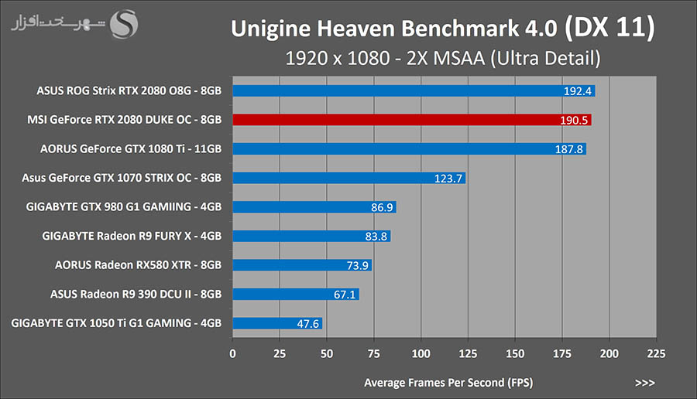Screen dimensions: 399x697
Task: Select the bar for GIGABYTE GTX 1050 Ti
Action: tap(277, 323)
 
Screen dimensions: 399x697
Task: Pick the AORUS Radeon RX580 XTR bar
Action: tap(302, 265)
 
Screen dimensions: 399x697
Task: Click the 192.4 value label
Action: tap(578, 91)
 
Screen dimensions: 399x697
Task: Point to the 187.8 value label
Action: tap(569, 149)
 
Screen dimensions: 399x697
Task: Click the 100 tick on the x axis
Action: tap(421, 353)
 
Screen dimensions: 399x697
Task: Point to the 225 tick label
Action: tap(655, 353)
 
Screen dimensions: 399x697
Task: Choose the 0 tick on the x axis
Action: tap(233, 353)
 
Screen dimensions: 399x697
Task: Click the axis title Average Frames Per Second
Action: tap(448, 383)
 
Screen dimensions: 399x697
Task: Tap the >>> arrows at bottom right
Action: tap(644, 383)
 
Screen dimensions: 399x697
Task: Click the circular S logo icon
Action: tap(125, 24)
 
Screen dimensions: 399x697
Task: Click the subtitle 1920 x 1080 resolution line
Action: tap(443, 57)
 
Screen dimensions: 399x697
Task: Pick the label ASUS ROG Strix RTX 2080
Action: tap(129, 91)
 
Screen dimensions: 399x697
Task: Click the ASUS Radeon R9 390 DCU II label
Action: tap(136, 295)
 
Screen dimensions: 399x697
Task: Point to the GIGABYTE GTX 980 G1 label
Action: tap(124, 207)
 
